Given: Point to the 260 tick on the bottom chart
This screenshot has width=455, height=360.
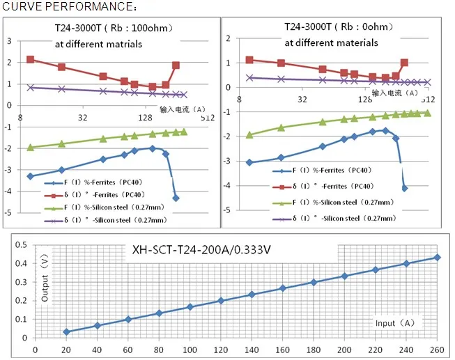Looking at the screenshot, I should click(x=437, y=349).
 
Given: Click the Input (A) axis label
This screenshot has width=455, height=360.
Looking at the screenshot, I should click(x=395, y=323).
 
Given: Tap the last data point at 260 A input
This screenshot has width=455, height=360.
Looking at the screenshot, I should click(x=437, y=257).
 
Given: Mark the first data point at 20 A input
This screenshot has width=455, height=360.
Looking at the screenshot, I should click(x=66, y=332).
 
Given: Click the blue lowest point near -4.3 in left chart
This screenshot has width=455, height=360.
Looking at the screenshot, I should click(x=176, y=198).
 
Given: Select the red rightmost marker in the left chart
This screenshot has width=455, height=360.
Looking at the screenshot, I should click(x=176, y=65).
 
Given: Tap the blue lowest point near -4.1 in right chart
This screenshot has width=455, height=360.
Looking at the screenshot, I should click(x=405, y=188).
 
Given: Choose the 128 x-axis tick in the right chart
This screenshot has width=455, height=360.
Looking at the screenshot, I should click(x=364, y=100).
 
